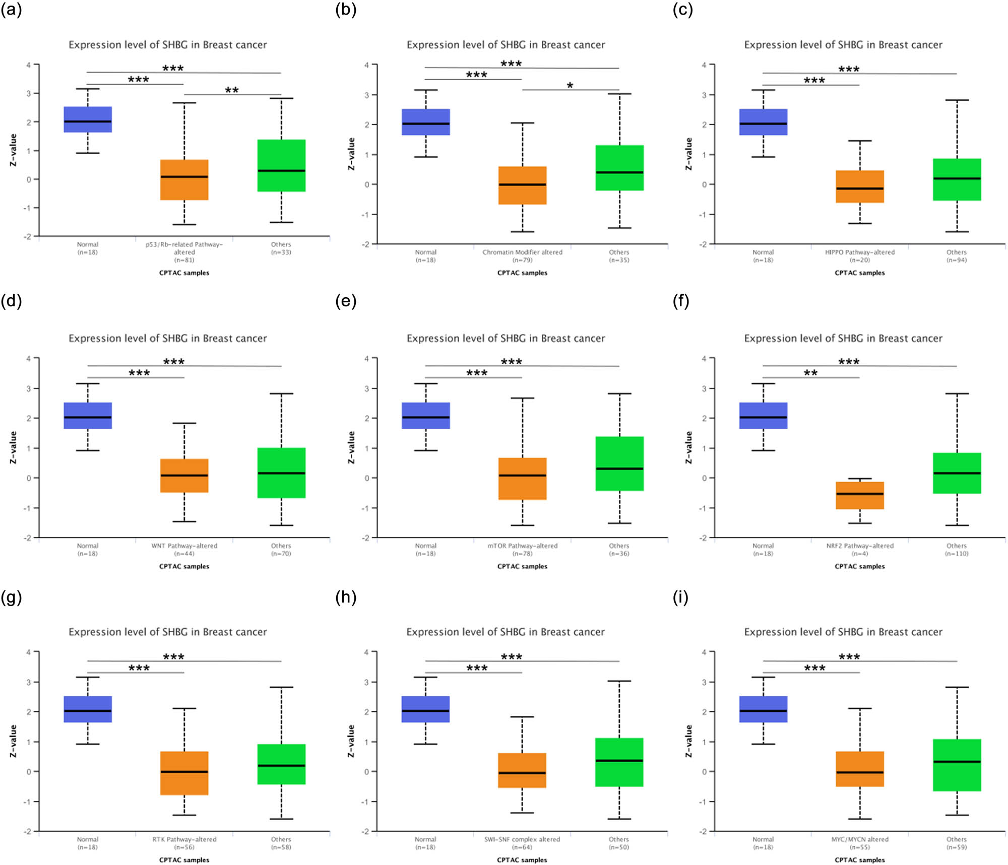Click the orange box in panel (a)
pos(184,180)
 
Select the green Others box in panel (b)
pos(619,168)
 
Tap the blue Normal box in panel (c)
pos(763,122)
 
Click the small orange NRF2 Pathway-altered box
pos(860,495)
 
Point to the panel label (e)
pos(346,301)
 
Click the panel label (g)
pos(11,597)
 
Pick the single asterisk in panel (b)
pos(570,86)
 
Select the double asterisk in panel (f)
pos(810,373)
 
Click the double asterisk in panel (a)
pos(232,91)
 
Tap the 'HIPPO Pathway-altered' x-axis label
pos(860,252)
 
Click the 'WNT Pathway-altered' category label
pos(184,546)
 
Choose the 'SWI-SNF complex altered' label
pos(522,839)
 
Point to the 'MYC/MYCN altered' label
pos(860,839)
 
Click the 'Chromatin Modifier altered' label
pos(523,252)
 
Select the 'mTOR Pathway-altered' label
pos(523,546)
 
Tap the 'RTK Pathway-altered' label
pos(184,839)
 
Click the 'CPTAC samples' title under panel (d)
pos(184,566)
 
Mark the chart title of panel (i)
pos(843,632)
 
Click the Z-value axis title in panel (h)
pos(351,741)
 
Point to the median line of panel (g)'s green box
pos(281,766)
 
